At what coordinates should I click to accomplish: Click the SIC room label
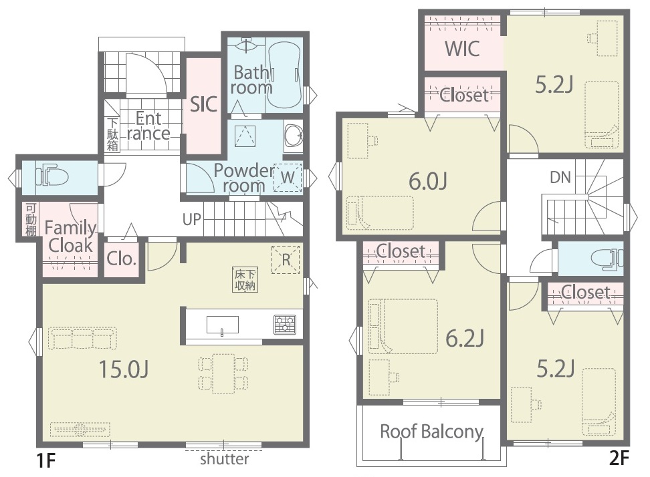203,104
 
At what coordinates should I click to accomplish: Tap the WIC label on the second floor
462,49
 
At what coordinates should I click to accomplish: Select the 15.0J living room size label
124,369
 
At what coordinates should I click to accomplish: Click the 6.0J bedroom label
428,181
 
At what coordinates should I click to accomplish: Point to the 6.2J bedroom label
465,338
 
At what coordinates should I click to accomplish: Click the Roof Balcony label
431,432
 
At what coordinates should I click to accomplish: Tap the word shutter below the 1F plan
225,459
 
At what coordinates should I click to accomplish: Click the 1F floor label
46,460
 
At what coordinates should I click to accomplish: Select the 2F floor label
619,458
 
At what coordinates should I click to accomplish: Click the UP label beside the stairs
191,219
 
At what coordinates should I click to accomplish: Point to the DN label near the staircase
560,178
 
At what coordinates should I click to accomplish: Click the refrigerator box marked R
286,260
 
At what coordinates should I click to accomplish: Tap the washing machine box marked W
288,177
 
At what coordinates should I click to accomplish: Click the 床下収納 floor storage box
245,279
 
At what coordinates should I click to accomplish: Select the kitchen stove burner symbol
285,325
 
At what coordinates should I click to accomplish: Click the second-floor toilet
607,259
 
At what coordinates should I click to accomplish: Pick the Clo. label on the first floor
121,259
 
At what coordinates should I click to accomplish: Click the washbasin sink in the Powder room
294,136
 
